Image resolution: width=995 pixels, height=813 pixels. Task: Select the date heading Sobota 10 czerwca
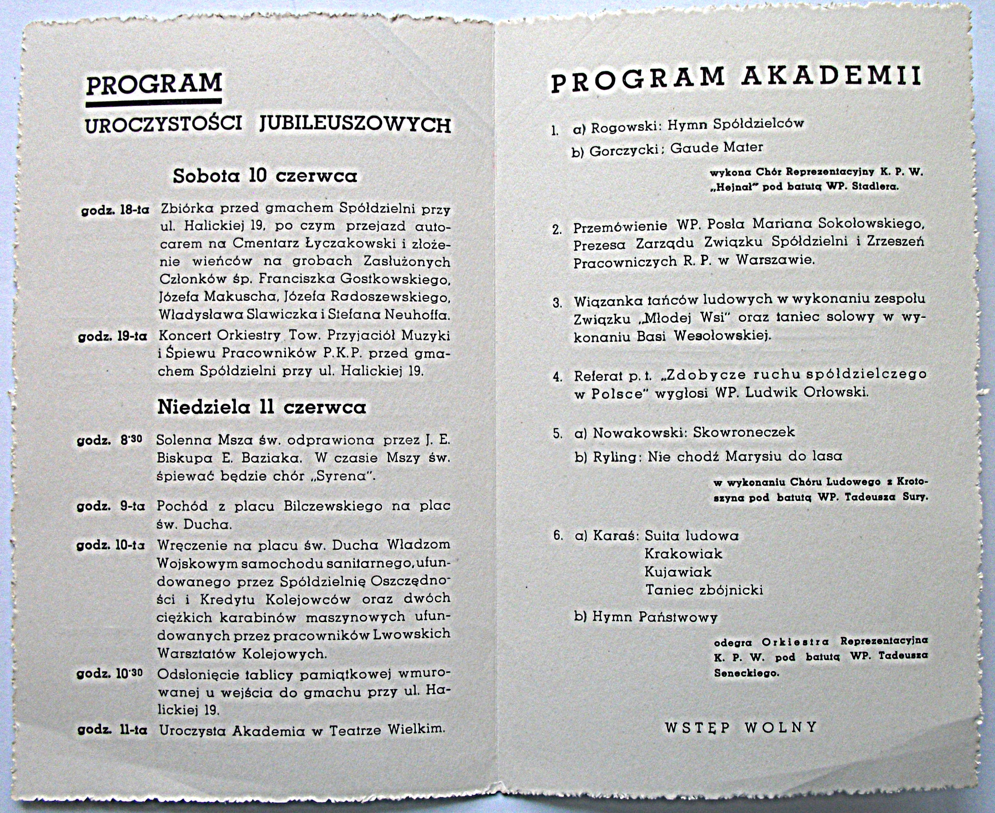coord(265,176)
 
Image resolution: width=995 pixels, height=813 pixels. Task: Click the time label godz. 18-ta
coord(115,210)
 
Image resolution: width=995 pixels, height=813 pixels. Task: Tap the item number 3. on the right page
coord(557,303)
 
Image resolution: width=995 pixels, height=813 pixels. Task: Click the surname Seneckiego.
coord(746,673)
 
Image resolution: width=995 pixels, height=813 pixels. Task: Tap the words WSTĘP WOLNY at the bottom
coord(741,727)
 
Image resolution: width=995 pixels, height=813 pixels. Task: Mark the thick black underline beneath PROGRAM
coord(154,101)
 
